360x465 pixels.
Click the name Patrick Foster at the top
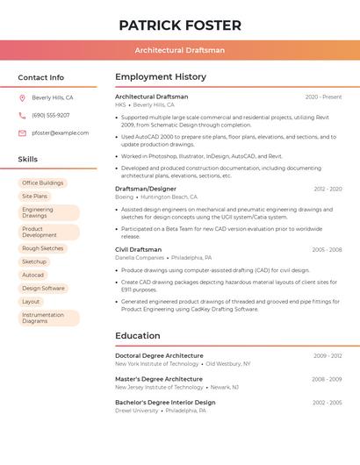pyautogui.click(x=180, y=25)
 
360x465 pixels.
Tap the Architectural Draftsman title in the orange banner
pyautogui.click(x=180, y=50)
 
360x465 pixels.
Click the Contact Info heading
pyautogui.click(x=41, y=77)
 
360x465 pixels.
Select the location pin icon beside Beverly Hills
pyautogui.click(x=22, y=98)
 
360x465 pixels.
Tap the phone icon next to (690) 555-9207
pyautogui.click(x=22, y=116)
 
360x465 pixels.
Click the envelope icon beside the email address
pyautogui.click(x=22, y=133)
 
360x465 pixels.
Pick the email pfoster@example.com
pyautogui.click(x=61, y=133)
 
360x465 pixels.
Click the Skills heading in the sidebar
pyautogui.click(x=28, y=159)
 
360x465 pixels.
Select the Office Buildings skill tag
pyautogui.click(x=43, y=183)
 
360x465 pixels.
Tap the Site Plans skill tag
pyautogui.click(x=35, y=197)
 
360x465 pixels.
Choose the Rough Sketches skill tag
pyautogui.click(x=43, y=248)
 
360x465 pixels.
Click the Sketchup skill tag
pyautogui.click(x=34, y=261)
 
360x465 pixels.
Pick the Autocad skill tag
pyautogui.click(x=32, y=275)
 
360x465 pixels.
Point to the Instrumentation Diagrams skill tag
pyautogui.click(x=44, y=318)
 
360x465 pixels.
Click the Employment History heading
pyautogui.click(x=161, y=77)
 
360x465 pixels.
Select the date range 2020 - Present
pyautogui.click(x=323, y=97)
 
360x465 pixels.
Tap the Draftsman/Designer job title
pyautogui.click(x=146, y=189)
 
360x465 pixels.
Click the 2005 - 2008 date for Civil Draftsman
pyautogui.click(x=327, y=250)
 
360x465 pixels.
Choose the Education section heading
pyautogui.click(x=138, y=335)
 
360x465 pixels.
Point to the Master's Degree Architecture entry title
pyautogui.click(x=159, y=379)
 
